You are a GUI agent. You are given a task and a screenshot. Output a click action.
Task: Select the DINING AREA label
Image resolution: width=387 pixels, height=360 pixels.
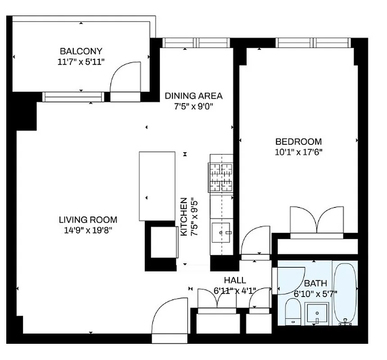(x=193, y=96)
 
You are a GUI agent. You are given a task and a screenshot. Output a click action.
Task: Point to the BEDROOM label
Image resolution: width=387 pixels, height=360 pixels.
(x=299, y=141)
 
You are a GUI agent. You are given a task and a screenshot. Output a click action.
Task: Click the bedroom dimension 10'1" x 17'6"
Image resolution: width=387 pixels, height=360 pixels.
(x=299, y=152)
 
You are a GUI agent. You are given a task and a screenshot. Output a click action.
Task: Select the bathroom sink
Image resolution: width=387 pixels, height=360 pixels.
(x=317, y=313)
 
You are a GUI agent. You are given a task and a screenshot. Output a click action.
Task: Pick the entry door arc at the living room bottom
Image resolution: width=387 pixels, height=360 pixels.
(x=170, y=315)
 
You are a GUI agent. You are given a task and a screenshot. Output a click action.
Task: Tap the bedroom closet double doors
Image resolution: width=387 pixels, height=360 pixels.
(x=317, y=220)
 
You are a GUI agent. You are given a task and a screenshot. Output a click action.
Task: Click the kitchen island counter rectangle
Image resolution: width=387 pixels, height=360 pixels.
(x=157, y=186)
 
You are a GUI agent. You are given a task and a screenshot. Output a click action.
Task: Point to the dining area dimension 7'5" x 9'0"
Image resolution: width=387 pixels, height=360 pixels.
(x=193, y=107)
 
